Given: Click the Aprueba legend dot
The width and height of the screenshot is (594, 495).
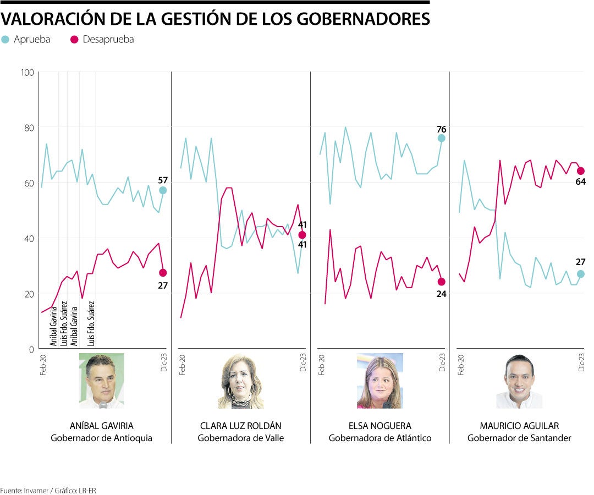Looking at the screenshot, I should pos(5,40).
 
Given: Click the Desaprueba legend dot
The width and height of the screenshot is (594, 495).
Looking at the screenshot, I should pos(74,40).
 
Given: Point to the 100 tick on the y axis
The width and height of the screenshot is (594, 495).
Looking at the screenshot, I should pos(27,72).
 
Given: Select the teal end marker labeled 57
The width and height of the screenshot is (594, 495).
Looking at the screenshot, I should pos(163,190).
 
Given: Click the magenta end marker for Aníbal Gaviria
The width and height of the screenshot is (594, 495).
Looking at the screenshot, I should pos(163,273).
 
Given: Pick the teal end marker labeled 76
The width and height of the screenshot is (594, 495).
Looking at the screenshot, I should pos(442,139).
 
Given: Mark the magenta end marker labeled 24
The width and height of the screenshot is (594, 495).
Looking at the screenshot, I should pos(442,282).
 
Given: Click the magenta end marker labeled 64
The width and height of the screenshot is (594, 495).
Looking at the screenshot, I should pos(581,171).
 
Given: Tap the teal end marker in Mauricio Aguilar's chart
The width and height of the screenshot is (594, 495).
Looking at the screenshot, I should pos(581,274).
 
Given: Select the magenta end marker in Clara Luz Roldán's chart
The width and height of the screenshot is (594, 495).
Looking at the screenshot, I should pos(302,235).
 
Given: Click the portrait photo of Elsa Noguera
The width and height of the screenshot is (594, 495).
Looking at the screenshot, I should pos(380,381).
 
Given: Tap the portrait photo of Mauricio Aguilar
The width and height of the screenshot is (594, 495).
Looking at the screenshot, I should pos(519,381).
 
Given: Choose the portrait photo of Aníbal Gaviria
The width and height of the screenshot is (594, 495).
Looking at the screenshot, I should pos(101,381).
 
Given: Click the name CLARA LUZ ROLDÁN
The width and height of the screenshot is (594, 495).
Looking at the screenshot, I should pos(240,426).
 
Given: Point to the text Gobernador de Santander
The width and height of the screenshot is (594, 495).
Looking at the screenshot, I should pos(519,438).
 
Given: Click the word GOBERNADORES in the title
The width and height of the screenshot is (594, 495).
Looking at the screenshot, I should pos(364,19).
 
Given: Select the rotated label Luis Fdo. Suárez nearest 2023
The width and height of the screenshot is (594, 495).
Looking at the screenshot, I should pos(92,322).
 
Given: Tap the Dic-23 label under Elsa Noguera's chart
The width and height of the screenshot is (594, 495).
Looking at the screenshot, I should pos(442,363).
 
